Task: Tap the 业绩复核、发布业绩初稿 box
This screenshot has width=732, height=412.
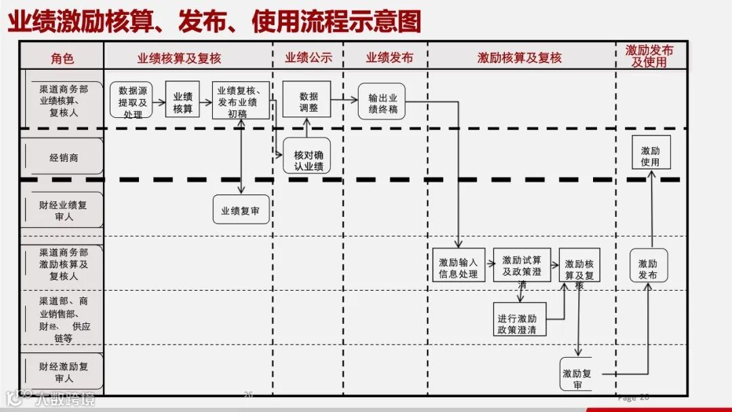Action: click(241, 102)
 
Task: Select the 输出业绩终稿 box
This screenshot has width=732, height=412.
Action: click(382, 102)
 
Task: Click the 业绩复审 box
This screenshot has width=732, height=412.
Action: click(240, 210)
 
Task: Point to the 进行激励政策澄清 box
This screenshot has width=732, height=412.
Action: click(520, 319)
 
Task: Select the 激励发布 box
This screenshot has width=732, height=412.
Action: click(648, 266)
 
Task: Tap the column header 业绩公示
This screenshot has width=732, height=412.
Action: click(308, 58)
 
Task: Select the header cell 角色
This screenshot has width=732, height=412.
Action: click(62, 59)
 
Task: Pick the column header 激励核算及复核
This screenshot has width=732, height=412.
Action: click(520, 58)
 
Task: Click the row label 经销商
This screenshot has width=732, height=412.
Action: click(63, 157)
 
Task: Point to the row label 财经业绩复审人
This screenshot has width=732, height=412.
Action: click(63, 210)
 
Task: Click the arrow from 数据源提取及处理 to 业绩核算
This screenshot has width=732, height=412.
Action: click(157, 102)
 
